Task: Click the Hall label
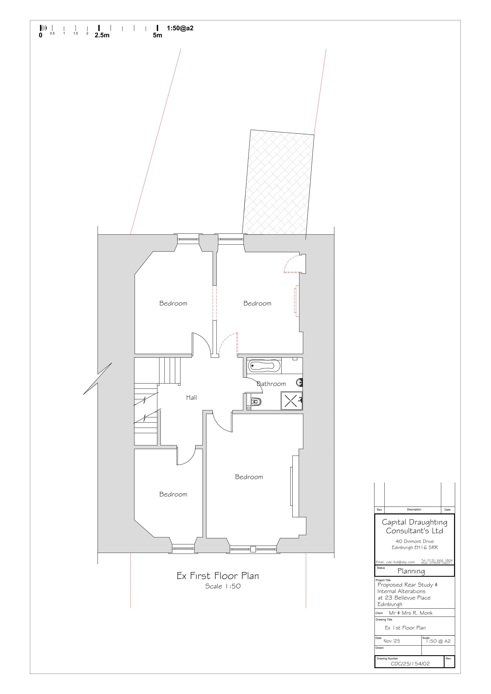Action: pyautogui.click(x=191, y=397)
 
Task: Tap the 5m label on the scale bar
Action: pyautogui.click(x=157, y=35)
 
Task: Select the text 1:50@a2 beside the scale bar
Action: pyautogui.click(x=180, y=28)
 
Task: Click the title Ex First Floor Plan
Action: pyautogui.click(x=218, y=576)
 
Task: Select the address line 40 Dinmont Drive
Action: pyautogui.click(x=415, y=541)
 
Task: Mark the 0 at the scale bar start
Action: pyautogui.click(x=41, y=35)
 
